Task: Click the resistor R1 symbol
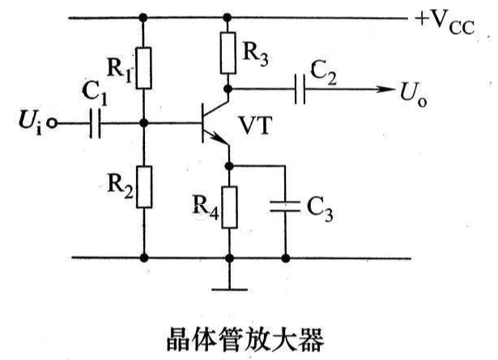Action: [x=143, y=68]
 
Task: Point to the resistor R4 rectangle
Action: [x=229, y=206]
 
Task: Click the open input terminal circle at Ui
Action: [x=53, y=125]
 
